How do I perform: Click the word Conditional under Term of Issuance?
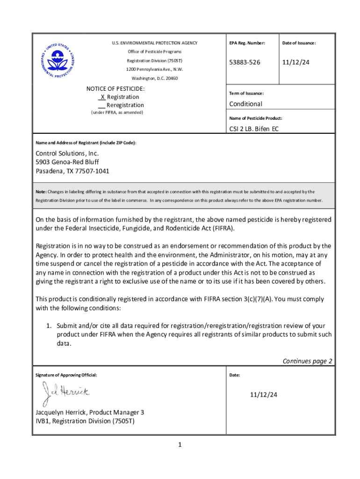tap(245, 104)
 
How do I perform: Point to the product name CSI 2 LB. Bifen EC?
tap(253, 129)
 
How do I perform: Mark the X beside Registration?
tap(102, 97)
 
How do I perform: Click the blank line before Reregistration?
tap(101, 105)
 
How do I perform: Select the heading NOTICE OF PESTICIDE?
tap(115, 88)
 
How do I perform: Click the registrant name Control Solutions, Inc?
tap(67, 153)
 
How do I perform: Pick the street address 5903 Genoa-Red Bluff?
tap(67, 162)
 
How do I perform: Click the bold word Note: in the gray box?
tap(41, 191)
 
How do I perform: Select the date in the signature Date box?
tap(263, 395)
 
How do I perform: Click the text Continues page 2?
tap(307, 361)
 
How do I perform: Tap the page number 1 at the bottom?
tap(179, 444)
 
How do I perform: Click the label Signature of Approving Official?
tap(66, 375)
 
